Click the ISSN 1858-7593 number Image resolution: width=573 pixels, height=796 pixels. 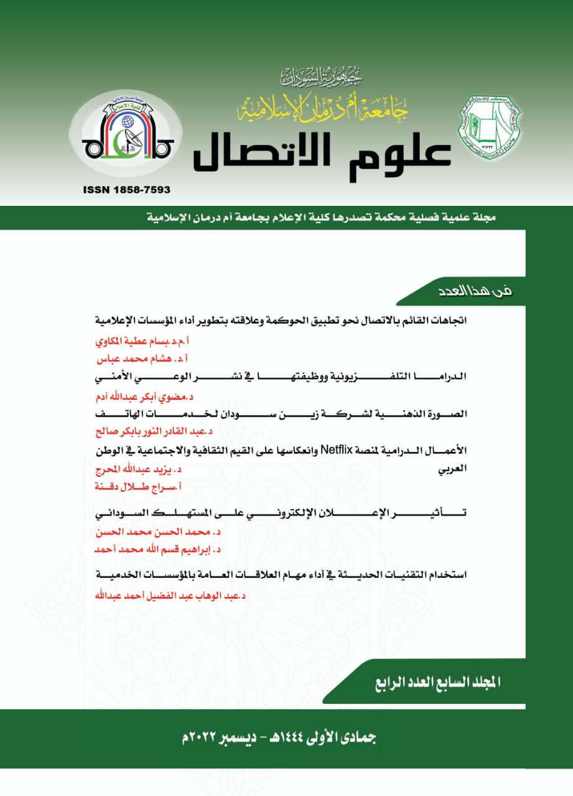point(126,190)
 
